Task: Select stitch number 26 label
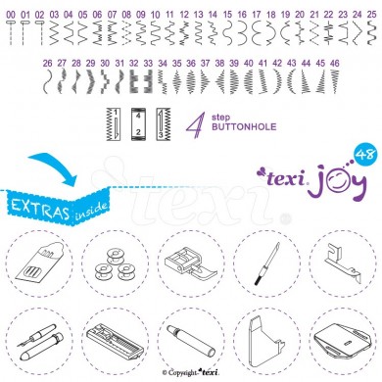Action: [x=47, y=63]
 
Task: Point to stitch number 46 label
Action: [x=335, y=63]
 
